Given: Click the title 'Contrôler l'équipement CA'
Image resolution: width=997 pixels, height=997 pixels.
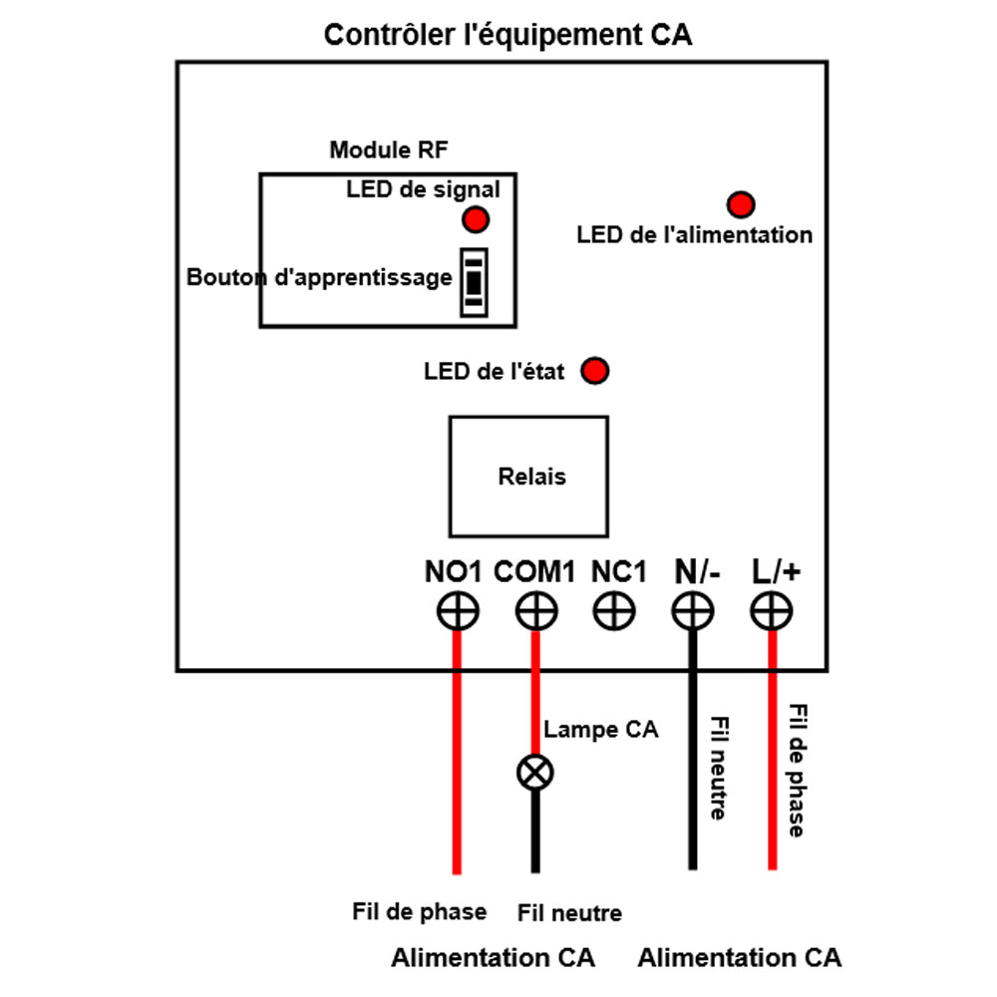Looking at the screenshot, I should (x=507, y=36).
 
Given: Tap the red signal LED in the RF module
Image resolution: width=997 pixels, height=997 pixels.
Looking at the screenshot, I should (x=477, y=219).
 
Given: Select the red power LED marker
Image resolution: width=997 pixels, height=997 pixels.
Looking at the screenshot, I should (x=741, y=205).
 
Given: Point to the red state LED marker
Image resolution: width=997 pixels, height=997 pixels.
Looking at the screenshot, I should (x=595, y=372).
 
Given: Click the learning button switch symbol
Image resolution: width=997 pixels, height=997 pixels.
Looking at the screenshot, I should (x=474, y=282).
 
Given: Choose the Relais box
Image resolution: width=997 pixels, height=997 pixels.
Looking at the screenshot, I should (x=528, y=477).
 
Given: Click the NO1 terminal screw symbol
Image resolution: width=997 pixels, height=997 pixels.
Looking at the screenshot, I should (x=458, y=611).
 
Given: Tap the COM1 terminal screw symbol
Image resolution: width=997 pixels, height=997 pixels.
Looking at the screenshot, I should (x=536, y=611).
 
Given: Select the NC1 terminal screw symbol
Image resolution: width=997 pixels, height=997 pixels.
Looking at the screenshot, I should (x=614, y=611).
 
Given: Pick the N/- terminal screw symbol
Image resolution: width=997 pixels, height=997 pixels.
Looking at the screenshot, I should (x=693, y=611).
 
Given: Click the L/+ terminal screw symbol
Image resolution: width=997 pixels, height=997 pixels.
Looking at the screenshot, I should (x=772, y=611).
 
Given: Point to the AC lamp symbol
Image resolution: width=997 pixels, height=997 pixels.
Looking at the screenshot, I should (x=535, y=772).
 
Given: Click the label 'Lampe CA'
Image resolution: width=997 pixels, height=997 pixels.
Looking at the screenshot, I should (x=601, y=730).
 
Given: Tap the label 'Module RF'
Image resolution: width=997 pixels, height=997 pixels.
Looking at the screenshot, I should (x=389, y=151).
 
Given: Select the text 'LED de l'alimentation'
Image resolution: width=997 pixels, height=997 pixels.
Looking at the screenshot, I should (x=695, y=235).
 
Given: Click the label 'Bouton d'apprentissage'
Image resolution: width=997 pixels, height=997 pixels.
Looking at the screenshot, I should (x=319, y=278).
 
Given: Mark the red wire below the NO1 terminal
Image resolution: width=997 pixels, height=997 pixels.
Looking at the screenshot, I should (x=458, y=758).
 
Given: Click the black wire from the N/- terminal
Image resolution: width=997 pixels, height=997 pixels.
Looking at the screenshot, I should (x=692, y=758).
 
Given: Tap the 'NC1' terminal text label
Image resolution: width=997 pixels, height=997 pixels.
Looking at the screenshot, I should (x=618, y=572).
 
